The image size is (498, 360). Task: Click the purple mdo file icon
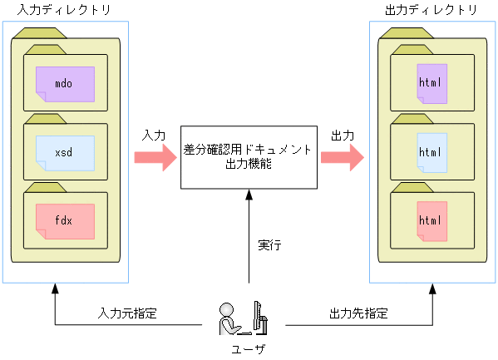(x=65, y=84)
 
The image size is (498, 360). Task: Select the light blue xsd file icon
(x=65, y=153)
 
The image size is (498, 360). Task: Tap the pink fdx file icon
(x=65, y=221)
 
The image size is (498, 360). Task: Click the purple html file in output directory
(x=431, y=84)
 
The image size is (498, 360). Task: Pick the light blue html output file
(x=431, y=152)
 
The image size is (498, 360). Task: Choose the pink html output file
(x=431, y=221)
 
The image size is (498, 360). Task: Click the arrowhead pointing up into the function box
(x=249, y=195)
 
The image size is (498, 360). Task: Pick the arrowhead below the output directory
(x=432, y=288)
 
